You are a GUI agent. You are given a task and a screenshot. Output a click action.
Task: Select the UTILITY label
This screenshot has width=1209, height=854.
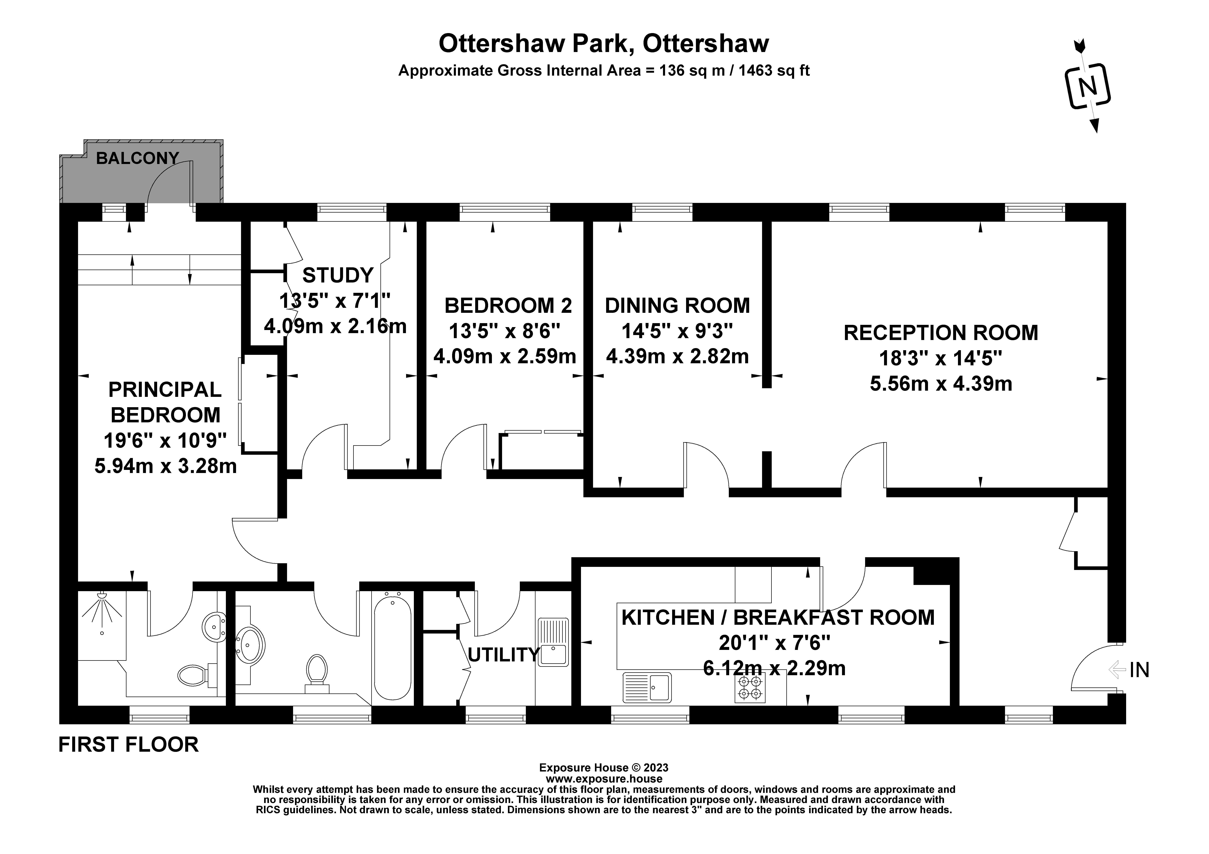pos(503,655)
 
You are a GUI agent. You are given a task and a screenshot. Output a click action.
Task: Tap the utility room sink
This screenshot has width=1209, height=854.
pos(553,641)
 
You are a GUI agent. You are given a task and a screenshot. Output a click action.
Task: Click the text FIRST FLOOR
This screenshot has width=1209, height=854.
pos(129,744)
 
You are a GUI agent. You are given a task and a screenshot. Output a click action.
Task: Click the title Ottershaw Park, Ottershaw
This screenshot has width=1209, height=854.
pos(604,44)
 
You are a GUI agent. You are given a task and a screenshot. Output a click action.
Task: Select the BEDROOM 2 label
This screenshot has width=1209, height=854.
pos(508,305)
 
